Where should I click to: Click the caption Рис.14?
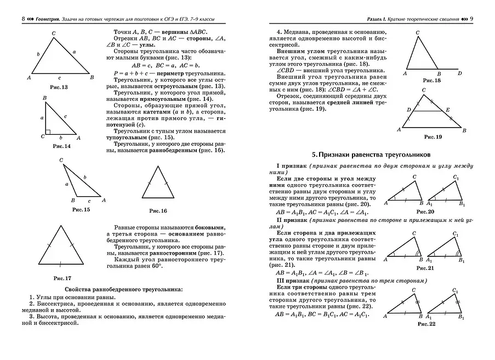61,147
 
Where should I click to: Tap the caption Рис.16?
158,210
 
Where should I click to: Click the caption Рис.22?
426,324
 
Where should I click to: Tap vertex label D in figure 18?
459,73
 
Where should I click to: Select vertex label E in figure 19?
447,109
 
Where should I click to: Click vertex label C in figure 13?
53,33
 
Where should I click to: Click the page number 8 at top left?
22,19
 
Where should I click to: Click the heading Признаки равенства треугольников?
372,155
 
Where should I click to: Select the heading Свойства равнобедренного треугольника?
123,289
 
